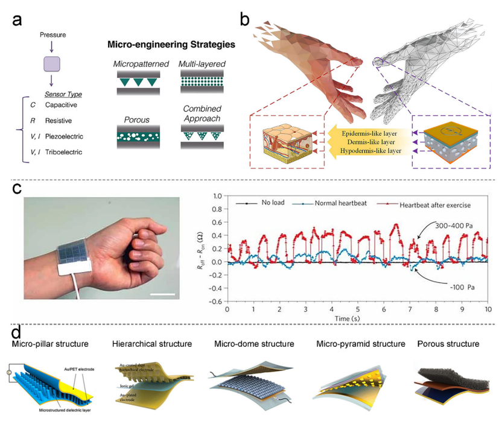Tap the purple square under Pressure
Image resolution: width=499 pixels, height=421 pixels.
pos(52,63)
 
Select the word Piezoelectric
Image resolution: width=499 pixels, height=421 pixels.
pos(67,136)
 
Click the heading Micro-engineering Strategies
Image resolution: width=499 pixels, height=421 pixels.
pos(171,45)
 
